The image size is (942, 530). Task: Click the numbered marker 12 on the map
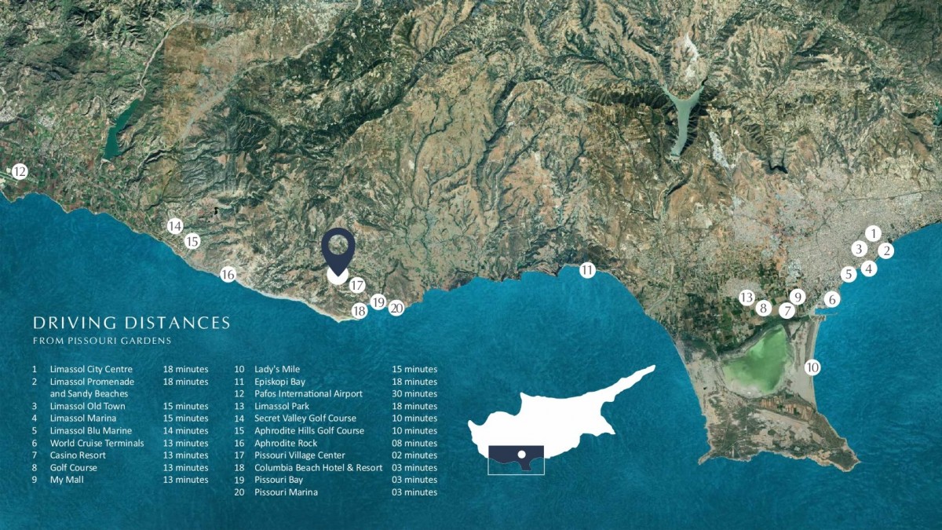pos(20,171)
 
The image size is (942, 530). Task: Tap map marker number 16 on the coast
pos(228,275)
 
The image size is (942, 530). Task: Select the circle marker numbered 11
pos(587,271)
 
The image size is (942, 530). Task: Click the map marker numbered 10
pos(812,367)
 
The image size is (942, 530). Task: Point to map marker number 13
pos(747,298)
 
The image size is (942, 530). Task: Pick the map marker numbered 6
pos(832,299)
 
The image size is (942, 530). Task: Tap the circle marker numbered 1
pos(873,233)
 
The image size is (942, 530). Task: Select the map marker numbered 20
pos(396,309)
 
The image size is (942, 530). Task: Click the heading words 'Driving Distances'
pos(131,323)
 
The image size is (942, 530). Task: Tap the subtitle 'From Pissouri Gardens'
pos(102,341)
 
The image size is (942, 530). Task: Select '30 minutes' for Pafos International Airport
pos(414,393)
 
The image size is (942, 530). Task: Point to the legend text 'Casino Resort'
pos(78,455)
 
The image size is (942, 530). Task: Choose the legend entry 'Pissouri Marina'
pos(286,492)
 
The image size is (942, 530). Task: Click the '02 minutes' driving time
pos(414,455)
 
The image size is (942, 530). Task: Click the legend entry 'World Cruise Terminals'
pos(97,443)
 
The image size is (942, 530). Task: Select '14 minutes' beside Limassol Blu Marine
pos(186,430)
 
